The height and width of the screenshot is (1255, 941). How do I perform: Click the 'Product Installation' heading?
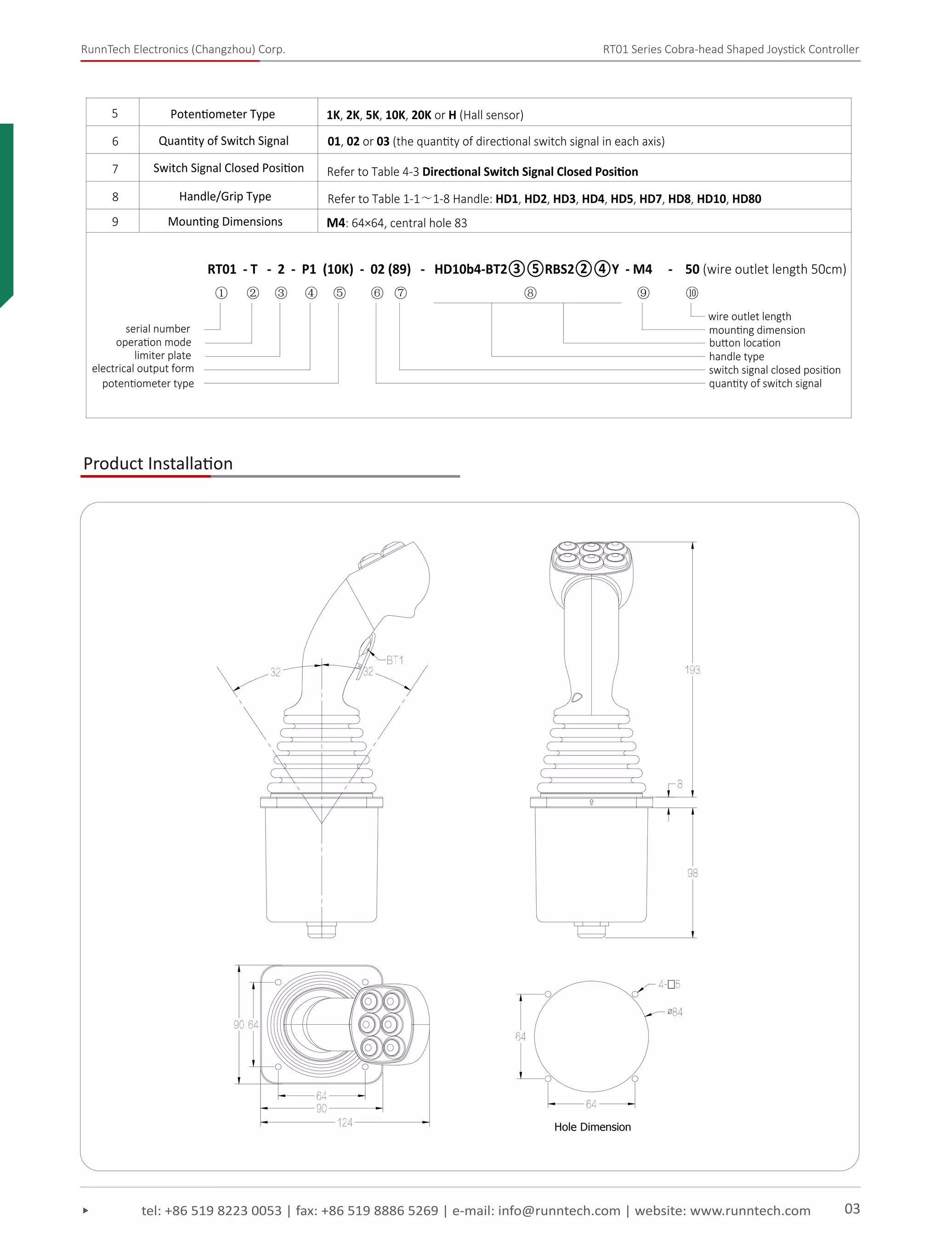tap(158, 464)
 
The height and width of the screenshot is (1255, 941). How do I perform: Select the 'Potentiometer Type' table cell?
tap(222, 114)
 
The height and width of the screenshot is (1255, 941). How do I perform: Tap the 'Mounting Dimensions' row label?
tap(225, 221)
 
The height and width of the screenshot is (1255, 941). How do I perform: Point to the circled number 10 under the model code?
tap(692, 293)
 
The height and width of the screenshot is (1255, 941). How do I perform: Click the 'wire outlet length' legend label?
tap(749, 317)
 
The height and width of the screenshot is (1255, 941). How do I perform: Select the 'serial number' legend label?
tap(158, 329)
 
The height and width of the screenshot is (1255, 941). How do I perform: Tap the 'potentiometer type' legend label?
tap(148, 384)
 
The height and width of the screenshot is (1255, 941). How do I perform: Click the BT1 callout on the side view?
tap(394, 660)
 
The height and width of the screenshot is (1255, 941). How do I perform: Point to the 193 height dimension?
tap(692, 670)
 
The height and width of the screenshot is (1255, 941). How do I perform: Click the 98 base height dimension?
tap(692, 873)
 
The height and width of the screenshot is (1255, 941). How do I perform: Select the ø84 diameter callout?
tap(675, 1011)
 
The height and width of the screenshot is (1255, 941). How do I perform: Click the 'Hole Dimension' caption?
tap(592, 1127)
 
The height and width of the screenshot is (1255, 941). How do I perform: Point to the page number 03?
tap(852, 1209)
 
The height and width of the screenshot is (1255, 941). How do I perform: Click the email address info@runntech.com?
tap(559, 1211)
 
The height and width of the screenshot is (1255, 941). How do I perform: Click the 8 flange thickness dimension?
tap(680, 784)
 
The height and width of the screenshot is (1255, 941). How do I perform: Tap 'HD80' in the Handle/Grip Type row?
tap(747, 199)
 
